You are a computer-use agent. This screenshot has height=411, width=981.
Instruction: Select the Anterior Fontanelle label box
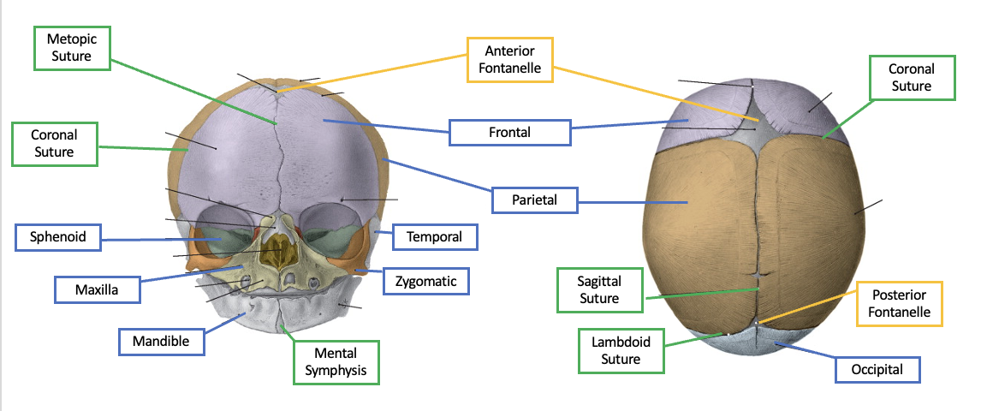coord(509,59)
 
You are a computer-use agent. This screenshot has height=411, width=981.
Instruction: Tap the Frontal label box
coord(509,132)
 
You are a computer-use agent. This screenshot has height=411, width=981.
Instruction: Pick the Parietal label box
coord(534,200)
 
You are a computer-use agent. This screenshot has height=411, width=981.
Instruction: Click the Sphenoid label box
coord(58,236)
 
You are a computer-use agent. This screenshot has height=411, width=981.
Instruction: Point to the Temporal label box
coord(434,236)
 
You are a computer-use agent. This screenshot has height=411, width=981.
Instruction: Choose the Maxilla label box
coord(96,289)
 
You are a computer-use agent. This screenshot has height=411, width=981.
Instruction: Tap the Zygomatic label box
coord(426,280)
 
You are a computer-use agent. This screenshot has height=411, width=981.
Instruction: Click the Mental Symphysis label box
coord(335,361)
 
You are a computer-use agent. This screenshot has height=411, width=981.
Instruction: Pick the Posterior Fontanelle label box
coord(899,303)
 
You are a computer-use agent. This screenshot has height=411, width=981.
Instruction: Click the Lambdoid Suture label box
coord(621,350)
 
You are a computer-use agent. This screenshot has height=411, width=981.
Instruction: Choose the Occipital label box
coord(879,370)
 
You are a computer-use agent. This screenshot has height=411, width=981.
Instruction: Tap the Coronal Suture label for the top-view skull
coord(911,77)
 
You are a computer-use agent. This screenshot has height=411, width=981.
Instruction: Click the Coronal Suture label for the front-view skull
coord(54,143)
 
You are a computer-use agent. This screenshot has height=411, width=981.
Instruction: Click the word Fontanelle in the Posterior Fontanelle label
coord(899,312)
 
